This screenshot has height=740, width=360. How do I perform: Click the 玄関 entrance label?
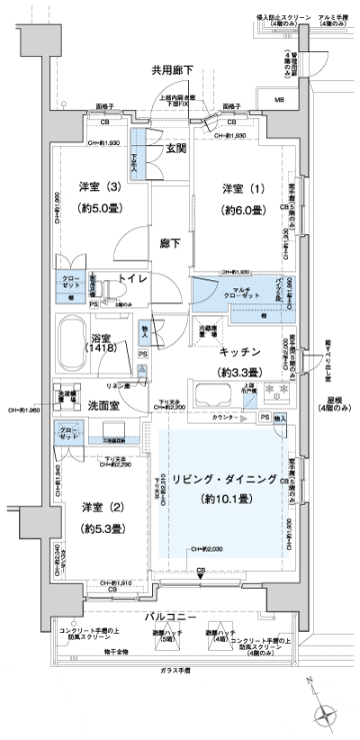point(175,149)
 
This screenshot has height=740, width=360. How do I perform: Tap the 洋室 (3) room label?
point(100,187)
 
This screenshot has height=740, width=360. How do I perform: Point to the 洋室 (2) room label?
point(100,507)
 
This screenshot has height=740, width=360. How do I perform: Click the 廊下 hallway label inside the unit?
point(172,242)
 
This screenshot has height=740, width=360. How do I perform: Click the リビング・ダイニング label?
point(224,479)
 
